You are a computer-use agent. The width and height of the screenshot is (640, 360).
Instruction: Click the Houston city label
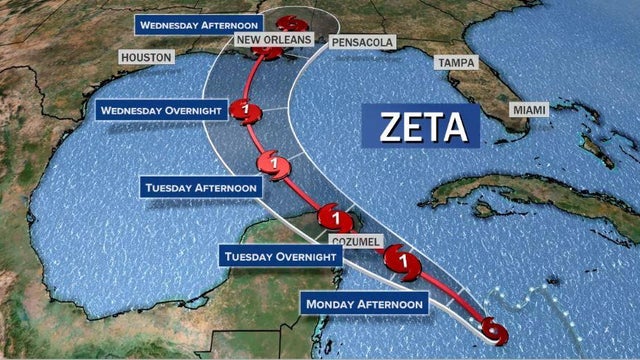coord(146,58)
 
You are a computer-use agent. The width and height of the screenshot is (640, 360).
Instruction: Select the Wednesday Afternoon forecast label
coord(200,23)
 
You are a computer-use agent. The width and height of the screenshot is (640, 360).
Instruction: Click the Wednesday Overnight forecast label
coord(160,110)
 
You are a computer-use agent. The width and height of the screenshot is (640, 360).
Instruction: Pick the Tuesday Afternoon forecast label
coord(202,187)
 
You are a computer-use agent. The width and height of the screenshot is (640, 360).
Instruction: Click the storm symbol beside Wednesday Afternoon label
coord(290,23)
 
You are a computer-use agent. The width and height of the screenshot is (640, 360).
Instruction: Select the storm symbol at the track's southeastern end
coord(493,329)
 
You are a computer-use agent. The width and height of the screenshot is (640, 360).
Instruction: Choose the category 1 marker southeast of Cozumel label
coord(402,262)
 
